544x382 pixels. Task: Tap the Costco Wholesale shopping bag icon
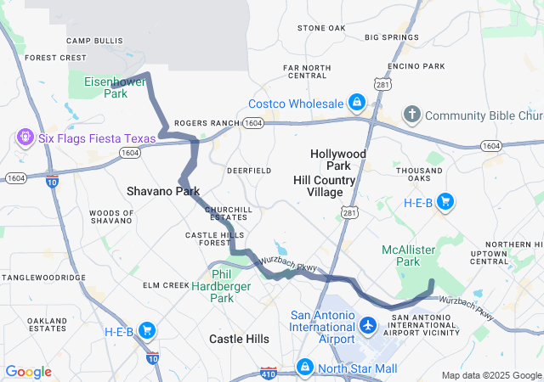tap(355, 104)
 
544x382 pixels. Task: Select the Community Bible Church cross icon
tap(411, 115)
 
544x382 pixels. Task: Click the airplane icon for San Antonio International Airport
tap(368, 326)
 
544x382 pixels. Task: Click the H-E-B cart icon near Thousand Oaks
tap(444, 202)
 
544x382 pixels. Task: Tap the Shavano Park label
tap(163, 191)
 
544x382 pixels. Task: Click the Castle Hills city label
tap(239, 339)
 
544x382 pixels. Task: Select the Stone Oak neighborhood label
tap(321, 28)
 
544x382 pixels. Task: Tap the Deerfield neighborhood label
tap(248, 170)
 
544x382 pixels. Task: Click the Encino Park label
tap(416, 66)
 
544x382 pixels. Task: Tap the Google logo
tap(28, 372)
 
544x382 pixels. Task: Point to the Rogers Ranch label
tap(207, 123)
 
